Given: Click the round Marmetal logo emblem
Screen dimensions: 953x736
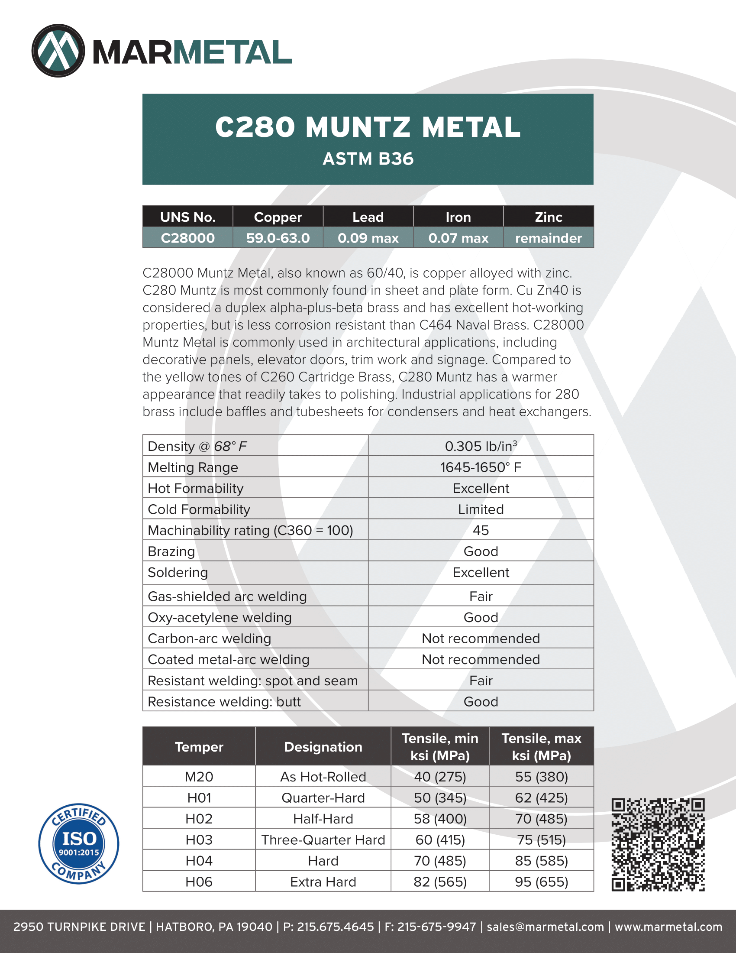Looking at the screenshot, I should (58, 51).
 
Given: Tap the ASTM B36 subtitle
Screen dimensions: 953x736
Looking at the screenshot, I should (368, 159).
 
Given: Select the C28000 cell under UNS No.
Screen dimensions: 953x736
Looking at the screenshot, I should (187, 238).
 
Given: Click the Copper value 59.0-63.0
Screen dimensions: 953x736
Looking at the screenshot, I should (278, 238).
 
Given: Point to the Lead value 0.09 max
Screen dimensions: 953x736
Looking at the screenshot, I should (368, 238).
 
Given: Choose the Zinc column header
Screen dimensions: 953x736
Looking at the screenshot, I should (548, 217).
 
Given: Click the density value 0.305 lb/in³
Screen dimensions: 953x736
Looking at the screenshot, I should (481, 446).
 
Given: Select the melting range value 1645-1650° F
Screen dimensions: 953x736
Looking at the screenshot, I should (481, 467).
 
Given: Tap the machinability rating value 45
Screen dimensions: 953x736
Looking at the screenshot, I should (481, 530).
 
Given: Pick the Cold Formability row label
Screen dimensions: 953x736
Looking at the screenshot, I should (199, 509).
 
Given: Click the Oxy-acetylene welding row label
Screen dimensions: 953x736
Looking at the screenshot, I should (220, 617).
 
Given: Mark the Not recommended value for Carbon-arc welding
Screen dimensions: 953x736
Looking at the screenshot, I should (481, 639).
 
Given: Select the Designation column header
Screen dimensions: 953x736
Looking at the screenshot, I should (323, 747).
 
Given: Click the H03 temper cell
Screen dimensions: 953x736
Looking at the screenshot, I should (199, 840).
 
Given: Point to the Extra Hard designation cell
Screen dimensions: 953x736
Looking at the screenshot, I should (323, 882).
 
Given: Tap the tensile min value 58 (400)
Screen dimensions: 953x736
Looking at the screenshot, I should (440, 819).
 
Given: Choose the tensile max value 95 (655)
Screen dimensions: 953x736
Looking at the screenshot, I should (542, 882).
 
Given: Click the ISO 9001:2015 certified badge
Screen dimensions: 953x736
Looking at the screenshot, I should (78, 843).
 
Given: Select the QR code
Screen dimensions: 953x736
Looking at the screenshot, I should (658, 845).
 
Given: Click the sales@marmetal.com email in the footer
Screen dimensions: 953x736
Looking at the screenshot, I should (545, 927).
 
